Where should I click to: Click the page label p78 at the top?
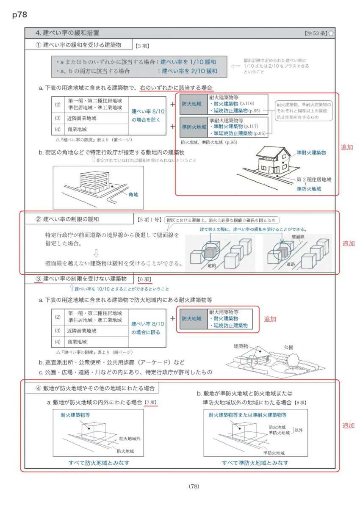pyautogui.click(x=20, y=15)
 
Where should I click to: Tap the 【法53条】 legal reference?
pyautogui.click(x=315, y=33)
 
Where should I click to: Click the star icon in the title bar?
pyautogui.click(x=331, y=33)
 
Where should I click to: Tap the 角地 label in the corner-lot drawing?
pyautogui.click(x=133, y=195)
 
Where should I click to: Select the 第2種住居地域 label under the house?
pyautogui.click(x=314, y=179)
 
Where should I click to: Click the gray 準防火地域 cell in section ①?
pyautogui.click(x=194, y=127)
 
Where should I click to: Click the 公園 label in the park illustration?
pyautogui.click(x=289, y=346)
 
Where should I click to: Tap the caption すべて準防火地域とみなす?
pyautogui.click(x=255, y=463)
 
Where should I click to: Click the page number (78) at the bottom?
pyautogui.click(x=194, y=486)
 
